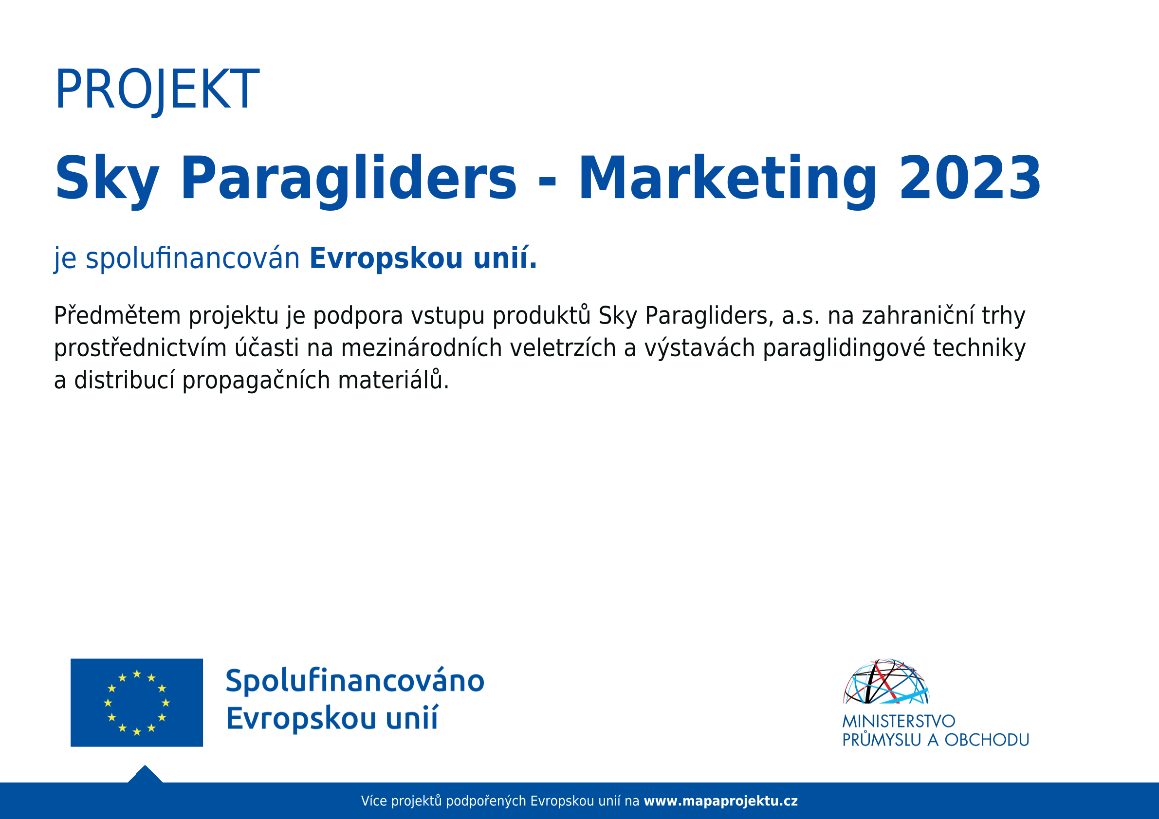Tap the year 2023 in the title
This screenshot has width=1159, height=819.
(969, 179)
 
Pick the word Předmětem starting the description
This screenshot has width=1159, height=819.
(117, 315)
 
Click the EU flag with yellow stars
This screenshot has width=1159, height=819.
(136, 702)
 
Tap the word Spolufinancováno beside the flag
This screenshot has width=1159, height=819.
(355, 682)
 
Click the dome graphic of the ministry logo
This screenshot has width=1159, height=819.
(886, 681)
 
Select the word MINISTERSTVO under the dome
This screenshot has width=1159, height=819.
(899, 721)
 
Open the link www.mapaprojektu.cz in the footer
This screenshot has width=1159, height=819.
(721, 801)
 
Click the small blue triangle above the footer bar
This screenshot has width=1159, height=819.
(146, 775)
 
